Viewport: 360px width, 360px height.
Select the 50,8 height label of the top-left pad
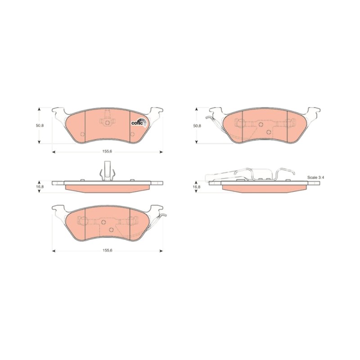pos(40,126)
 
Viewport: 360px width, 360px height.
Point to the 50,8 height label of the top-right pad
pos(197,126)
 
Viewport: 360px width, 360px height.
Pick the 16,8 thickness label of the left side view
pos(40,187)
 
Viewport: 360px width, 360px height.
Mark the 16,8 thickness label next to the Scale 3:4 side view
pos(197,187)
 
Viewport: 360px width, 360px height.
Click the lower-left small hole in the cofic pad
pos(83,134)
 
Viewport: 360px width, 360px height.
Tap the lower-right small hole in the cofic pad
pos(132,134)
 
